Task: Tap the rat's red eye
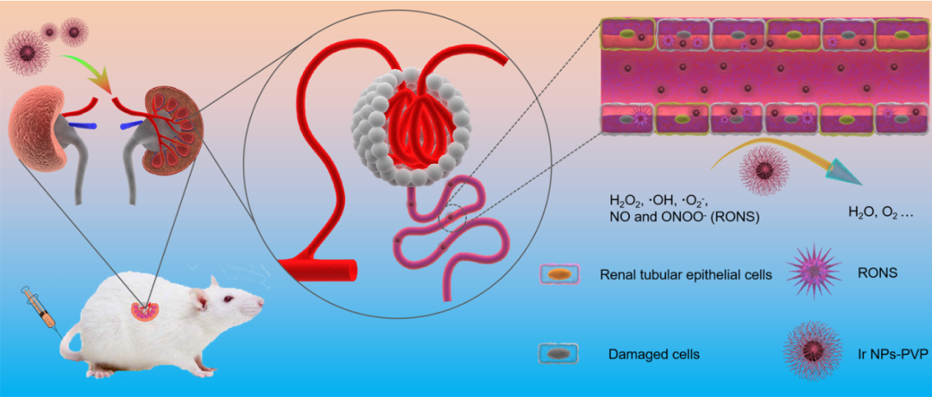coord(227,299)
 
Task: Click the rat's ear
coord(200,299)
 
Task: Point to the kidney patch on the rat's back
coord(143,309)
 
